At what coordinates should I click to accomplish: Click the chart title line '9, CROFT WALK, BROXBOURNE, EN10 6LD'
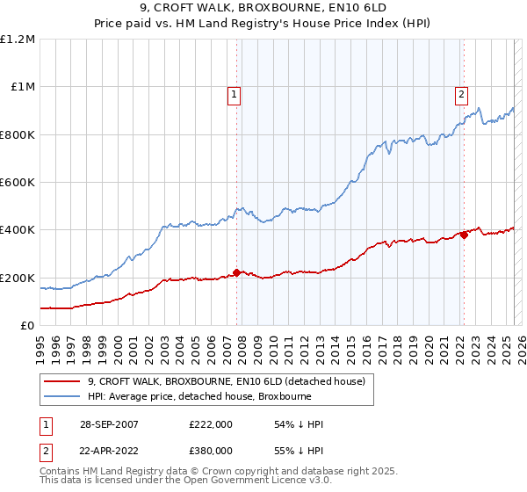(x=263, y=9)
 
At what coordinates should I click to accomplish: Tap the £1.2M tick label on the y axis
(x=18, y=40)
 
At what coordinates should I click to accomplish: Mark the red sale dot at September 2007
(x=236, y=272)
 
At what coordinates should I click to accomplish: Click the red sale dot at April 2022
(x=463, y=235)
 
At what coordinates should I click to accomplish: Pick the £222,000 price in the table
(x=211, y=424)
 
